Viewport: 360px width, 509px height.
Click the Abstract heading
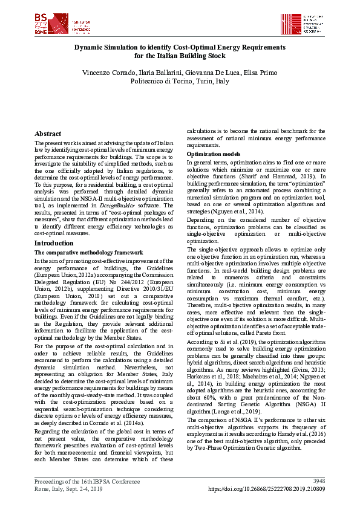pos(48,134)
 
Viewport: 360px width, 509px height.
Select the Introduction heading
pos(54,243)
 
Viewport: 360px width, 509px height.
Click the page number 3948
pos(319,481)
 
